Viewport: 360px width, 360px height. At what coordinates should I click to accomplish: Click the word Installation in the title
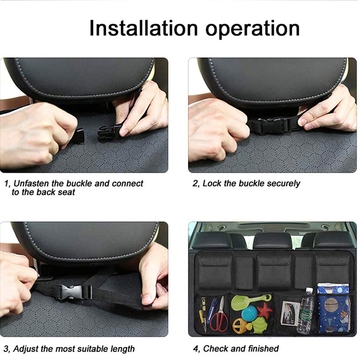point(144,28)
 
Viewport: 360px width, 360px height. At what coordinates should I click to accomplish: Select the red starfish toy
point(265,310)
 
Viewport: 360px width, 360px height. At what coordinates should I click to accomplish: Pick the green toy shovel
point(250,300)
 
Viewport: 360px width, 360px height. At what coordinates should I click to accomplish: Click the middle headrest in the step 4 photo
point(273,241)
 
